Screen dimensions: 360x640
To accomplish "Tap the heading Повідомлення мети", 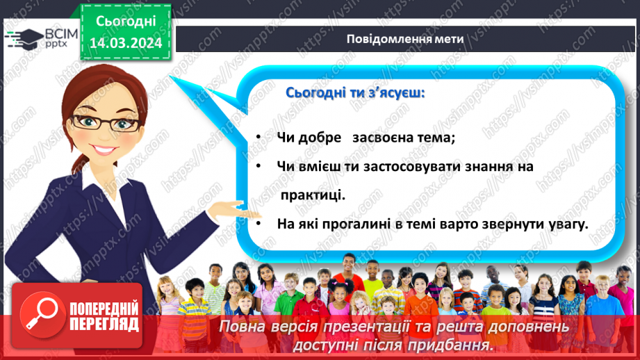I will tap(404, 38).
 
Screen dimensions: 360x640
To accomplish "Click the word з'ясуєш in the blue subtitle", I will tap(391, 92).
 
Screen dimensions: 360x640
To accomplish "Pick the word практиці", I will tap(312, 196).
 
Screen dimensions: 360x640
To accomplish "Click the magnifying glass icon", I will tap(39, 313).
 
